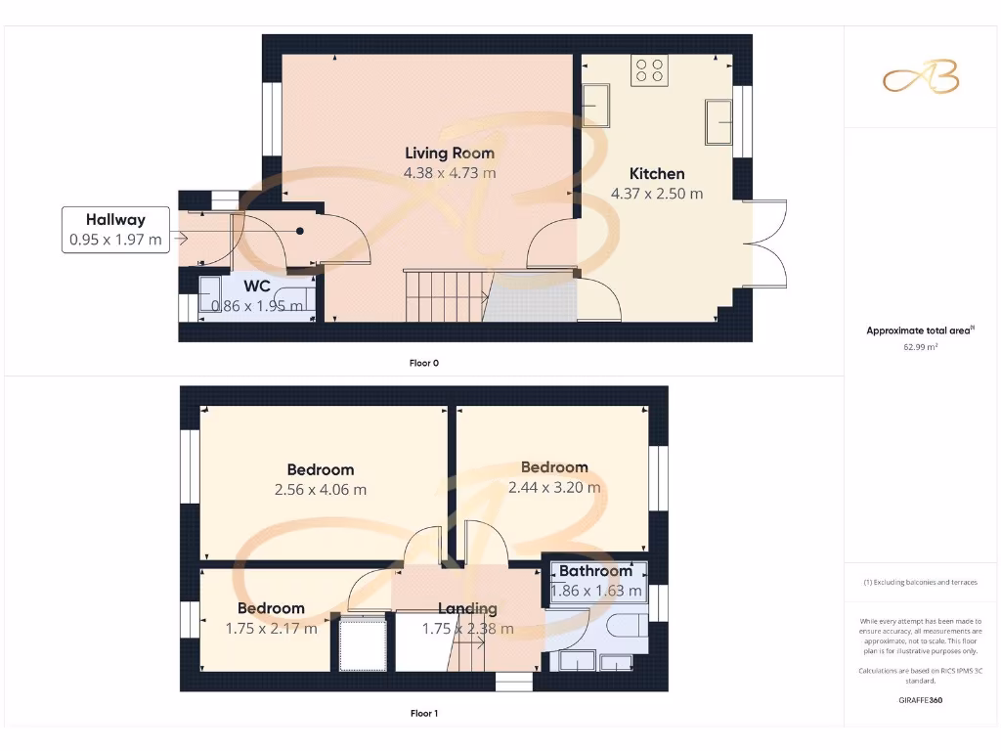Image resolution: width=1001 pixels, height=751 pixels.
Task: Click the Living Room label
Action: tap(450, 153)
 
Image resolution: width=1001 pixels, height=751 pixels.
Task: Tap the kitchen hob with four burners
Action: tap(649, 70)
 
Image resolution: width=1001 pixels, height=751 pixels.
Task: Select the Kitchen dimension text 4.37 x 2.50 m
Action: tap(657, 194)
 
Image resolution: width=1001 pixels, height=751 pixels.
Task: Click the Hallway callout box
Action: tap(114, 230)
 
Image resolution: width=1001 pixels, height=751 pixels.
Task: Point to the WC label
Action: tap(257, 287)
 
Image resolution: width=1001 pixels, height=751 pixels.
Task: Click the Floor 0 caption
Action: tap(423, 363)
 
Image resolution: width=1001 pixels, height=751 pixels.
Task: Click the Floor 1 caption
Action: tap(423, 713)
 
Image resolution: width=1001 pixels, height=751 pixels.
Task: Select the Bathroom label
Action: tap(595, 571)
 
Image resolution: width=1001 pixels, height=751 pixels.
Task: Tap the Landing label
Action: tap(467, 608)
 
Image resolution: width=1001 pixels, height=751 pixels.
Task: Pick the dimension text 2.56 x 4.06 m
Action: tap(321, 489)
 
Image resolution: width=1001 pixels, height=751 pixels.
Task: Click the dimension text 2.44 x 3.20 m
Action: tap(554, 487)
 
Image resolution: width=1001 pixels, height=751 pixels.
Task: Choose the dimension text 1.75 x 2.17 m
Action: tap(271, 629)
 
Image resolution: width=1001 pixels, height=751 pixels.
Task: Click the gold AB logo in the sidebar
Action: tap(921, 79)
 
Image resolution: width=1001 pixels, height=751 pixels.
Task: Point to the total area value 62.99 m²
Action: tap(920, 346)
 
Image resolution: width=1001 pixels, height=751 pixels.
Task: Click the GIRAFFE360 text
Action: tap(920, 700)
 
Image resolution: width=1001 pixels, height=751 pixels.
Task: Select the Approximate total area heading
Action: tap(920, 331)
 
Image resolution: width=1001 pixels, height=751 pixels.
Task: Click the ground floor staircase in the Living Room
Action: tap(446, 294)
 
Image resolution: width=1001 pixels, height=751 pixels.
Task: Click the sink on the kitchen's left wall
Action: tap(596, 101)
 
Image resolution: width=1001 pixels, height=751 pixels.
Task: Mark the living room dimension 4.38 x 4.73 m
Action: tap(450, 173)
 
